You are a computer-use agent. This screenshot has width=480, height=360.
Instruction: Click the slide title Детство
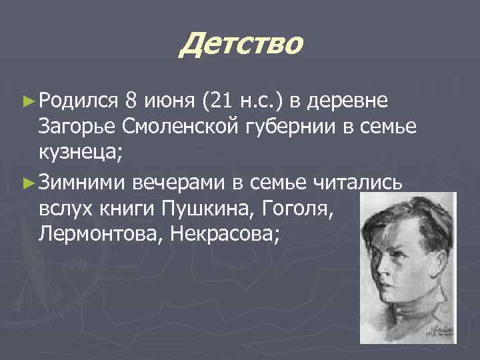click(241, 45)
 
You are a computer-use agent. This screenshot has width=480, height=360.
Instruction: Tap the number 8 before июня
click(132, 101)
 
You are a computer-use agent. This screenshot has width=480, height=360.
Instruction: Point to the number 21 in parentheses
click(221, 101)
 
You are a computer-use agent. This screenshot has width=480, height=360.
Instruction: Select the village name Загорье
click(79, 127)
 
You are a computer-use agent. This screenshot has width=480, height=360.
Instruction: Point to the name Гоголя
click(301, 209)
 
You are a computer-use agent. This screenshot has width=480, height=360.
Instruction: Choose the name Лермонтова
click(95, 234)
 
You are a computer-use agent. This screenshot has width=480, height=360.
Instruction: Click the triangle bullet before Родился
click(27, 101)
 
